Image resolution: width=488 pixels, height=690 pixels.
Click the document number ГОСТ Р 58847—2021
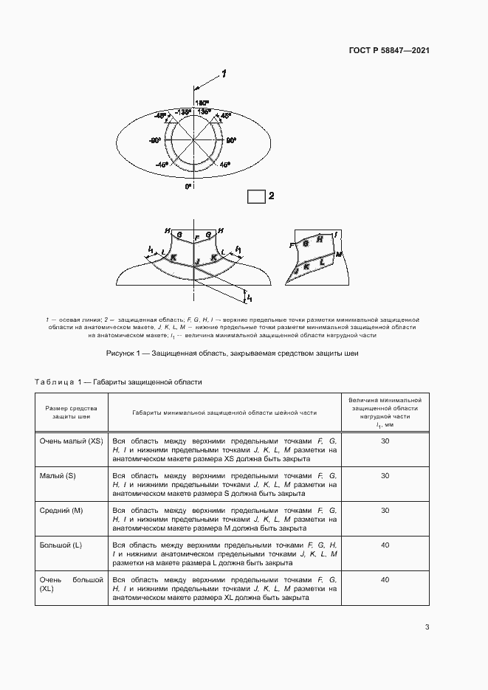(x=389, y=51)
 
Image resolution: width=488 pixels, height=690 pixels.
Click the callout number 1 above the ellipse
(x=223, y=74)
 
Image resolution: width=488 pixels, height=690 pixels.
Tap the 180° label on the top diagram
(x=202, y=103)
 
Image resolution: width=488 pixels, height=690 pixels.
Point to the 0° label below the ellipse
(x=188, y=187)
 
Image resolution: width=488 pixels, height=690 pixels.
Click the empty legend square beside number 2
(x=255, y=196)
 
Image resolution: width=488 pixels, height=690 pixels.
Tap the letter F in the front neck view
(x=196, y=238)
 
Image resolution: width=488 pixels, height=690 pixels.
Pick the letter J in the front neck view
(x=197, y=262)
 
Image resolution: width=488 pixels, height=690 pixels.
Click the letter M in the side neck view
(x=339, y=254)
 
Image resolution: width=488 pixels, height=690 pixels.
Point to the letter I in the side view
(x=335, y=233)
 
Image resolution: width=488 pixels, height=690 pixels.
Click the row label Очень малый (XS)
(x=71, y=441)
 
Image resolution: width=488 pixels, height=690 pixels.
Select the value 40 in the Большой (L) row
(x=385, y=545)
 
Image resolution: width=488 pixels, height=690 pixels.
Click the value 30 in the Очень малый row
(x=385, y=441)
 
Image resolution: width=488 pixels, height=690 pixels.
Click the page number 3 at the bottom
(x=427, y=627)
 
